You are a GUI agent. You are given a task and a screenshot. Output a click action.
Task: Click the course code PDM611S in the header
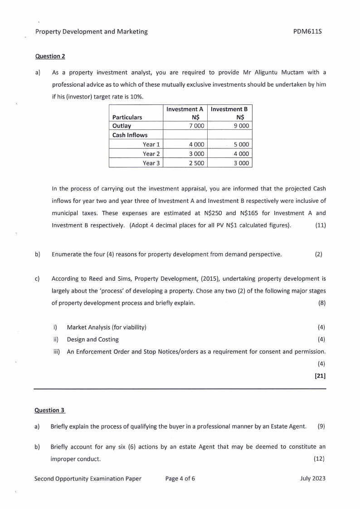[x=310, y=31]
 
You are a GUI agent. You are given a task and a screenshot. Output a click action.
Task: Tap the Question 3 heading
[x=50, y=410]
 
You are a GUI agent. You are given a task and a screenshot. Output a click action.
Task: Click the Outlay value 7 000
[x=195, y=126]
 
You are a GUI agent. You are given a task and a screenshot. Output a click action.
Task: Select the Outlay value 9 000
[x=240, y=126]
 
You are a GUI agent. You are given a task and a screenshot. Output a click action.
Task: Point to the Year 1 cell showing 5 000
[x=240, y=145]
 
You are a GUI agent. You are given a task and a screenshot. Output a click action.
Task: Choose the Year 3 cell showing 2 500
[x=195, y=163]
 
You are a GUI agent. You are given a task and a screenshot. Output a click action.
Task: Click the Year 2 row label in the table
[x=151, y=154]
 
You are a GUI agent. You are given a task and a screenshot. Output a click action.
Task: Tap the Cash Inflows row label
[x=130, y=135]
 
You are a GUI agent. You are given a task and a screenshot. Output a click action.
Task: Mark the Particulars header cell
[x=127, y=117]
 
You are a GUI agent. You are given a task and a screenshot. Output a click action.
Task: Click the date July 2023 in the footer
[x=312, y=479]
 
